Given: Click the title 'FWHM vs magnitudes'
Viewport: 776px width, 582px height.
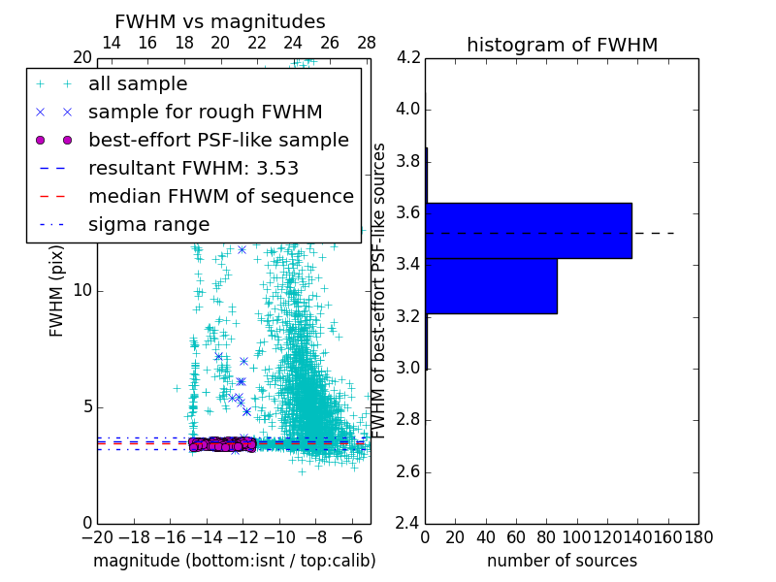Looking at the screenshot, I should point(220,22).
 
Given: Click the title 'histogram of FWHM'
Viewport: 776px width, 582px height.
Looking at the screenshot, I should point(562,45).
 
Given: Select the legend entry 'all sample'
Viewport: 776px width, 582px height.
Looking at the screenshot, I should point(138,84).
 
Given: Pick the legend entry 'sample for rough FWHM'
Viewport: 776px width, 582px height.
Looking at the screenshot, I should point(205,112).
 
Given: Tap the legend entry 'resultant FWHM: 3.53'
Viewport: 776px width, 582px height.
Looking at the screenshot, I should point(193,168).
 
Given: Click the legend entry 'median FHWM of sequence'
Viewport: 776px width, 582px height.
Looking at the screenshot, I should point(220,196).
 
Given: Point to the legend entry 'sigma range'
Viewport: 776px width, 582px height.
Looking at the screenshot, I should point(148,224).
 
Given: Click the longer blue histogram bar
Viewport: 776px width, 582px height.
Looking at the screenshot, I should point(529,230).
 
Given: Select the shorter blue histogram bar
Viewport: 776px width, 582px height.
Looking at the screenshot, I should point(491,285).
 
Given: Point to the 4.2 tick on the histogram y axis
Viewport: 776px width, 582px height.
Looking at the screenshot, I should point(408,57).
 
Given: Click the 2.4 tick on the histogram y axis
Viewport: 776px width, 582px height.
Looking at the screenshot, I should point(408,524).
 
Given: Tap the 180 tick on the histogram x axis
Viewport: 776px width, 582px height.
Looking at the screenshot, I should point(697,536).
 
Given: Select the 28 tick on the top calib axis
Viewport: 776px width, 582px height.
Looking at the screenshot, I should point(367,43).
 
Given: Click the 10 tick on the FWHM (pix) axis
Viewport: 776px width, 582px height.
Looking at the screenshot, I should point(83,290).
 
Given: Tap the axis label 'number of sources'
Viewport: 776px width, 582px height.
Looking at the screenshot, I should point(562,561).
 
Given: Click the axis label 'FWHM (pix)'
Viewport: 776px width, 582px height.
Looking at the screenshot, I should point(57,290).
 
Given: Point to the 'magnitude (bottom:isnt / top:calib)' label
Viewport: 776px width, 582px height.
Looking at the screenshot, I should point(234,561).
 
